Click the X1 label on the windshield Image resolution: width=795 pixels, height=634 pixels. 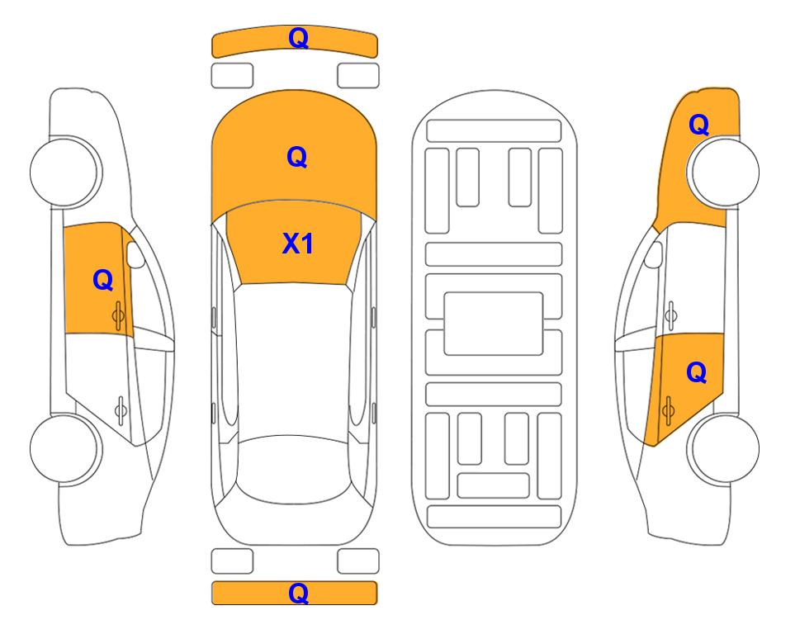[298, 244]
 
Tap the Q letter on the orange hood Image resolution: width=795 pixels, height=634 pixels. [297, 157]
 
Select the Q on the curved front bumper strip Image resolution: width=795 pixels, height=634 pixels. [299, 38]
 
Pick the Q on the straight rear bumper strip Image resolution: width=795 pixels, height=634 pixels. [299, 593]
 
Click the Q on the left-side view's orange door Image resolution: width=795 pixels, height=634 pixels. [103, 280]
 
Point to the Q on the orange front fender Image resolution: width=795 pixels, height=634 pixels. [698, 125]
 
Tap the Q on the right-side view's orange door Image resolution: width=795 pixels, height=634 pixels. [697, 373]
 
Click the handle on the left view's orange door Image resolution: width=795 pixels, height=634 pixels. [118, 315]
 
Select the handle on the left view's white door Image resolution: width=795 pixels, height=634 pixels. [121, 409]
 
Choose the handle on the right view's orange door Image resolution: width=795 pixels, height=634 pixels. [668, 411]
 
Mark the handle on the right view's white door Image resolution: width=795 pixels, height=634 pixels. [671, 315]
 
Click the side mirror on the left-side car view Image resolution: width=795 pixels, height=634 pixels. [135, 254]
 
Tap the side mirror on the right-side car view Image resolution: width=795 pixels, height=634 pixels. [654, 254]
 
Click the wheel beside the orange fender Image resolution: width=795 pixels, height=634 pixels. [722, 172]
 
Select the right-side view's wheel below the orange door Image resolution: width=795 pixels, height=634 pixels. [722, 448]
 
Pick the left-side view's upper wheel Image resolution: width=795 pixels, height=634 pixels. [66, 172]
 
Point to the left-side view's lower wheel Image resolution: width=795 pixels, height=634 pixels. [66, 448]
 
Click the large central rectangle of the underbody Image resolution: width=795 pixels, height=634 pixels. [494, 324]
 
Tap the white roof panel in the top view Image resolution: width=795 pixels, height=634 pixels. [293, 360]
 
